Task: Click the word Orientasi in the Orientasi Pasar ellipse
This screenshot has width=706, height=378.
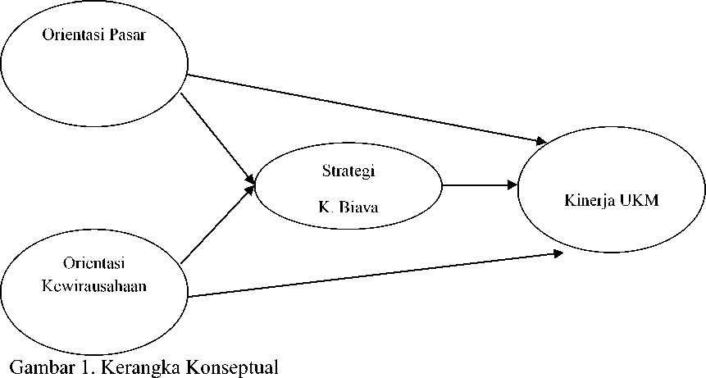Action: tap(73, 35)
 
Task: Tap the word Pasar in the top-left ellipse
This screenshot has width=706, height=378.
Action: tap(127, 35)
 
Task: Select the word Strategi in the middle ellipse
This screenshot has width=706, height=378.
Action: tap(348, 171)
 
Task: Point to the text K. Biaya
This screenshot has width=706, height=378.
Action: tap(348, 207)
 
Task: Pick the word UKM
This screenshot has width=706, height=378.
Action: tap(640, 200)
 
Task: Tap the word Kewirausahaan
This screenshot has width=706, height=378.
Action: tap(94, 285)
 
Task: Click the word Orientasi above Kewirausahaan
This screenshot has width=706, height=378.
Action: tap(94, 263)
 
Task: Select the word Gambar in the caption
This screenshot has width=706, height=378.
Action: tap(40, 367)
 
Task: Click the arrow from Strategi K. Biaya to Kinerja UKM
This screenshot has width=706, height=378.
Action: tap(480, 184)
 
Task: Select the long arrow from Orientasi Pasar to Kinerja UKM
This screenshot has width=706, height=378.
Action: tap(367, 109)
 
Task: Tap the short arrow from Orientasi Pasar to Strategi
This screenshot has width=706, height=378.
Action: tap(218, 138)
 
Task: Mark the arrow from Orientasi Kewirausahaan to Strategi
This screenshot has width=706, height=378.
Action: tap(218, 224)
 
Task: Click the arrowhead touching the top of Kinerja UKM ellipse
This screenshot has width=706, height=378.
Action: tap(540, 141)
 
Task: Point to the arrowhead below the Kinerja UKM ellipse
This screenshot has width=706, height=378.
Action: tap(558, 254)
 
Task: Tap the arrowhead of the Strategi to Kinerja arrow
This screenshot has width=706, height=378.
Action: tap(512, 184)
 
